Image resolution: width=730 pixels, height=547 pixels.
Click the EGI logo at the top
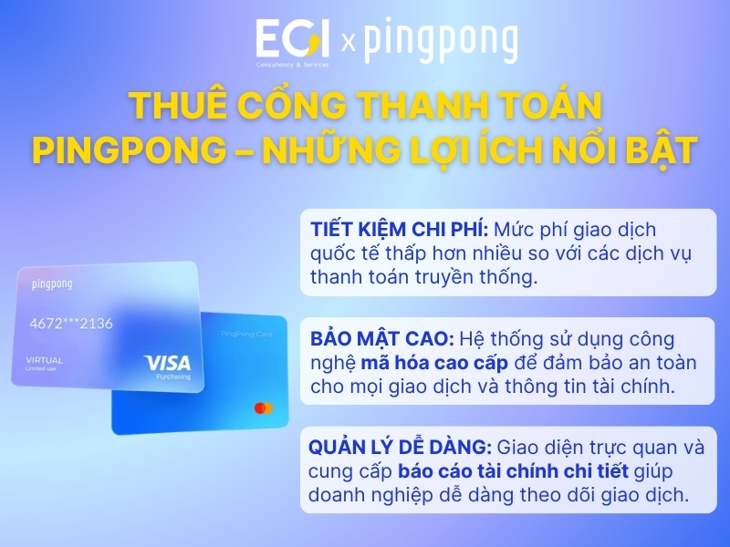pyautogui.click(x=293, y=41)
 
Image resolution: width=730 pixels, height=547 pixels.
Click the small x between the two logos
pyautogui.click(x=347, y=42)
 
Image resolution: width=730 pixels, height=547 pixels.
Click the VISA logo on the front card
pyautogui.click(x=168, y=364)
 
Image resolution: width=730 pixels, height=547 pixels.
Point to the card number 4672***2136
pyautogui.click(x=71, y=324)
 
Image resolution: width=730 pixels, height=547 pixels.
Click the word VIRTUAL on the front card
pyautogui.click(x=45, y=360)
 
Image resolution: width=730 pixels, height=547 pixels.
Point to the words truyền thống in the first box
pyautogui.click(x=484, y=277)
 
